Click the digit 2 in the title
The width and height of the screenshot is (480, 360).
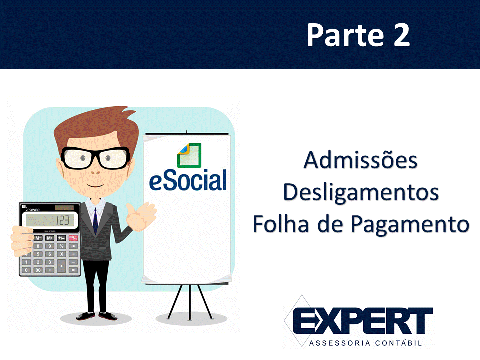401,35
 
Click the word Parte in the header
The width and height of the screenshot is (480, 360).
345,35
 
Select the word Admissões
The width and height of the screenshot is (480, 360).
361,160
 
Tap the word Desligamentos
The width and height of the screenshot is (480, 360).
361,193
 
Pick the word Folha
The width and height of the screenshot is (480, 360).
280,224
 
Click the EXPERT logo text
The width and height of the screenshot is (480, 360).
363,321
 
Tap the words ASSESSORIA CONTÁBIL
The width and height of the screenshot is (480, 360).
366,343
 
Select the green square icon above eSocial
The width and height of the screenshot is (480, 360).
189,155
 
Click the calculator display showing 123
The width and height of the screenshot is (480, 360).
50,220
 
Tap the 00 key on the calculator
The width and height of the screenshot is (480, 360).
38,270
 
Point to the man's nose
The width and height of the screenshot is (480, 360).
95,172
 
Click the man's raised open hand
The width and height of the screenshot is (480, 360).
141,216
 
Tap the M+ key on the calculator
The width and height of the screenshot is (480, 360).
50,238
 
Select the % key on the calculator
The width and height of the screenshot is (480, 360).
61,246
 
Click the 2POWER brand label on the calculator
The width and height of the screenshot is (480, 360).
33,210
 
